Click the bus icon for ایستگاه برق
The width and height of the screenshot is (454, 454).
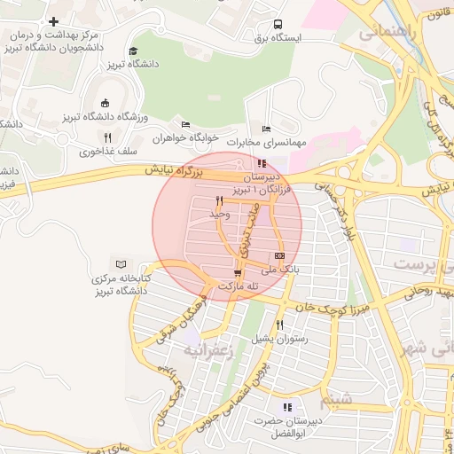tap(278, 25)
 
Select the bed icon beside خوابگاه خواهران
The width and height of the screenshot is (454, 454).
tap(185, 125)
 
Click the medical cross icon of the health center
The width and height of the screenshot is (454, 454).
tap(54, 21)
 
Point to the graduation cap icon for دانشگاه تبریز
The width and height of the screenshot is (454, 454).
tap(133, 51)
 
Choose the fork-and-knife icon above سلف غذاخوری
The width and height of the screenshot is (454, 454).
tap(107, 137)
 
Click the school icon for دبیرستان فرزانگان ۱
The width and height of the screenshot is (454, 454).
tap(261, 163)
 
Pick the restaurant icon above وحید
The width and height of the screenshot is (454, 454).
tap(219, 200)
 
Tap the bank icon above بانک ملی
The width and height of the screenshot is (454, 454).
tap(280, 255)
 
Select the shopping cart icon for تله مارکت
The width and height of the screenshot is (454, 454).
tap(237, 272)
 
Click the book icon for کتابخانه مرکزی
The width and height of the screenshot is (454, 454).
tap(121, 264)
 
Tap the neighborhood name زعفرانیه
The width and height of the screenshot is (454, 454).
tap(207, 350)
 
